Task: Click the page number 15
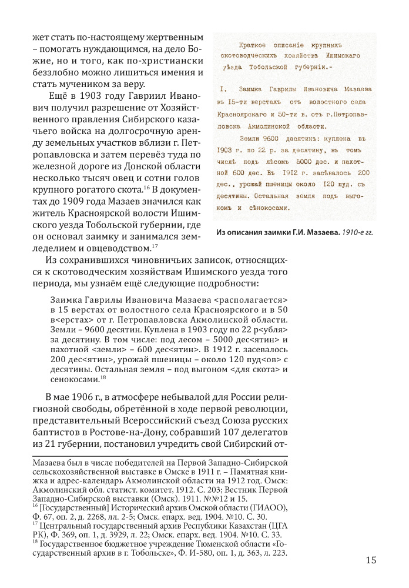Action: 370,560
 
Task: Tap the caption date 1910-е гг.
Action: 356,232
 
